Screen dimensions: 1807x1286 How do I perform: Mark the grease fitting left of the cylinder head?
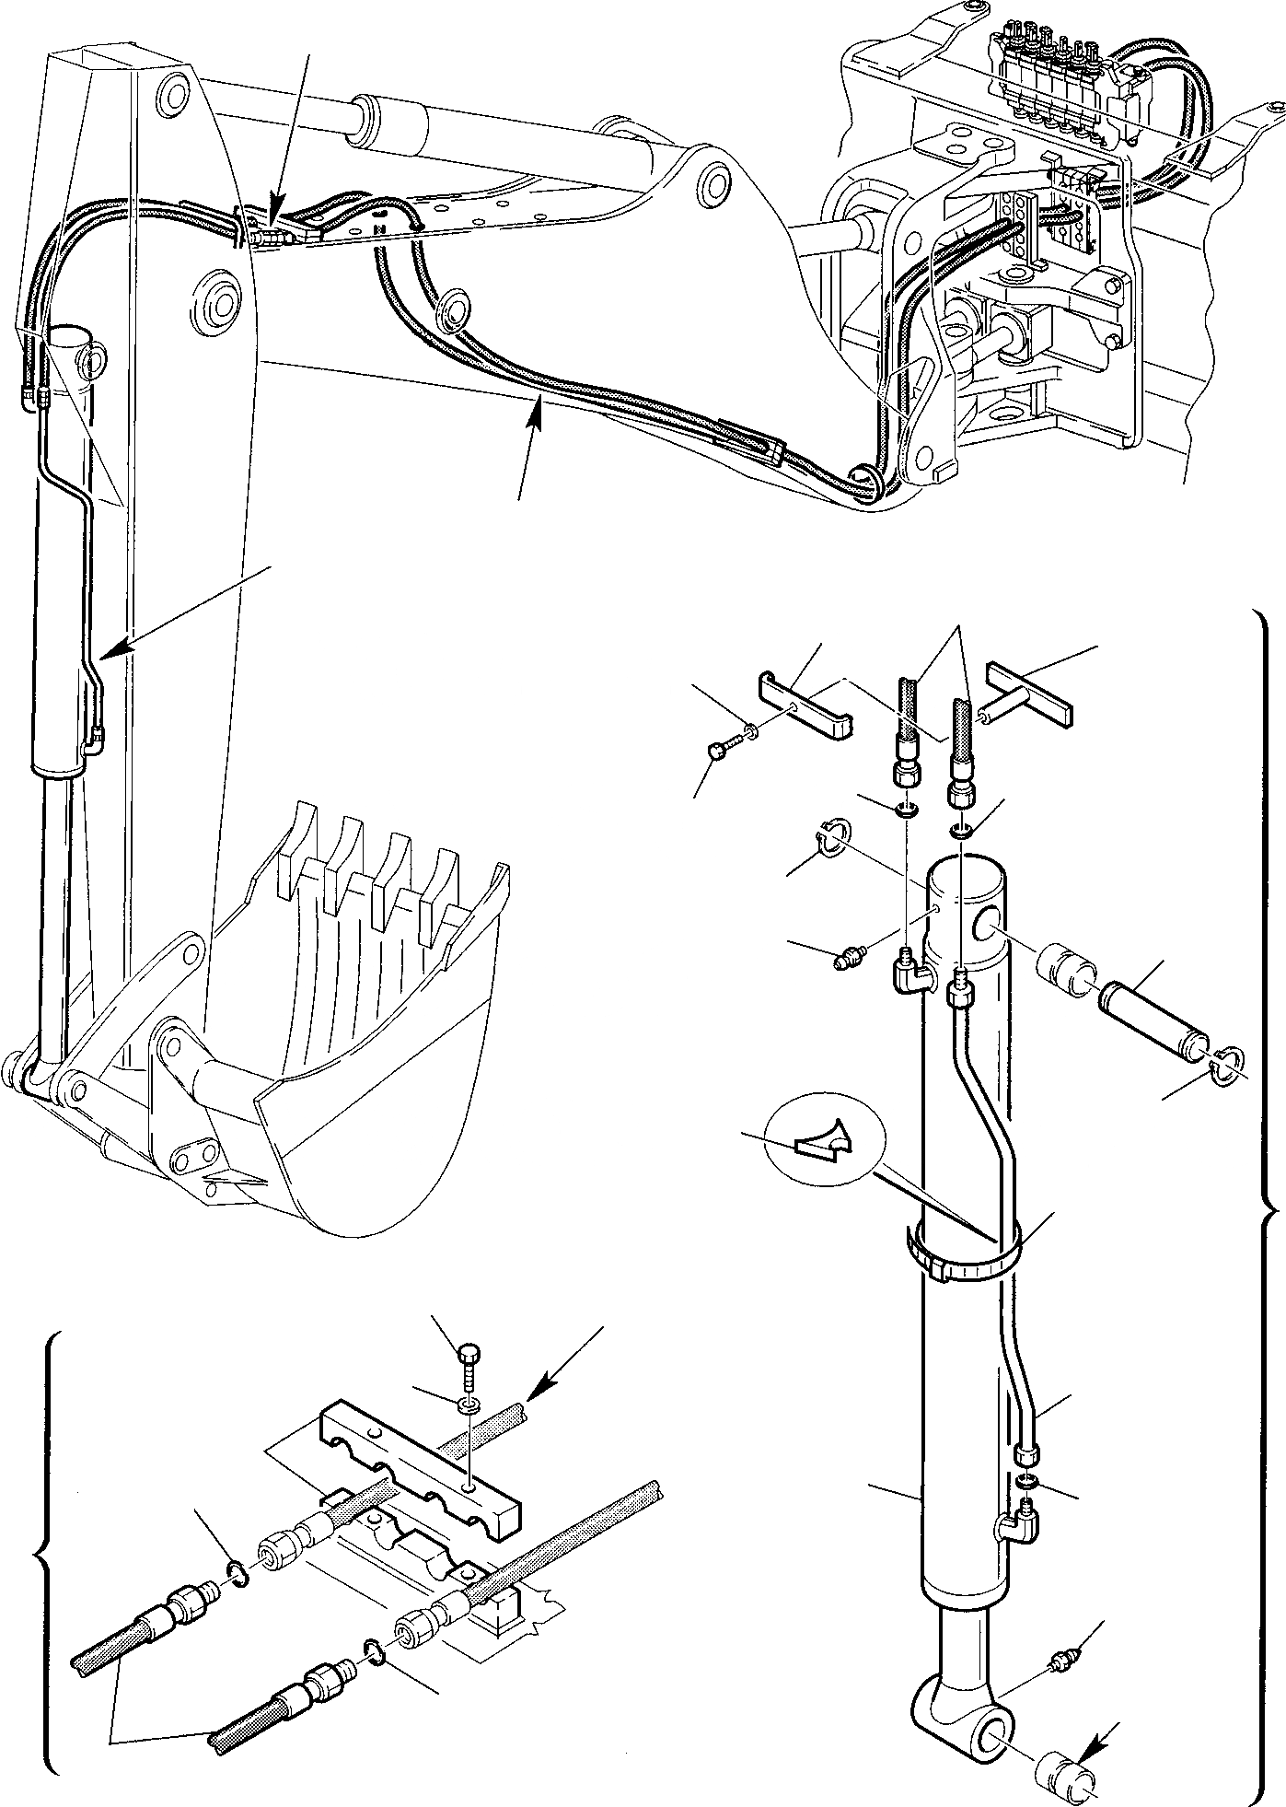point(846,961)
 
